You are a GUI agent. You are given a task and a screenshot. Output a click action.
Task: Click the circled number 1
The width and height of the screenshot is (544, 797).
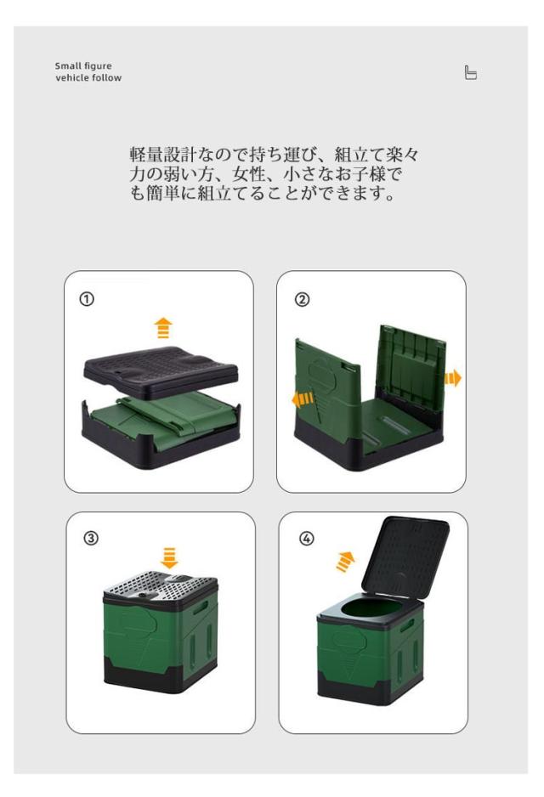87,299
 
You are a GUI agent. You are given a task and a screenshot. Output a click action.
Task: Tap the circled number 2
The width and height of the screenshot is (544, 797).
302,299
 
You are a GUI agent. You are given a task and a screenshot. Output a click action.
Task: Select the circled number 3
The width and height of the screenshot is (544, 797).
90,539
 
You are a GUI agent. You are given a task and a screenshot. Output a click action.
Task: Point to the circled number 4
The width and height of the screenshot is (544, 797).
306,539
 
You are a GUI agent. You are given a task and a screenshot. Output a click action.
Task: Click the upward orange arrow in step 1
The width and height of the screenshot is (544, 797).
163,328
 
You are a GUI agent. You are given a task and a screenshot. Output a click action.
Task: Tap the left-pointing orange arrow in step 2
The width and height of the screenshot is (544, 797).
303,399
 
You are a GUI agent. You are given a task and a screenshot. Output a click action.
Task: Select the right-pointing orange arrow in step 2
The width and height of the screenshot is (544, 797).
452,378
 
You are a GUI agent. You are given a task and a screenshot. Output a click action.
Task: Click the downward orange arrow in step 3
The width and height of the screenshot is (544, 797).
169,557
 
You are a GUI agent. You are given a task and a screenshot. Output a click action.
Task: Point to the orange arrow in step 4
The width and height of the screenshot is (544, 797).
346,562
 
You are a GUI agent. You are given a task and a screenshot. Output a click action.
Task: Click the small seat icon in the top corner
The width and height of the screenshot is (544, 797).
470,73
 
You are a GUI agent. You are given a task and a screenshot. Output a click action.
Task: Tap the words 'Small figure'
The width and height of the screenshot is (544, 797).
83,65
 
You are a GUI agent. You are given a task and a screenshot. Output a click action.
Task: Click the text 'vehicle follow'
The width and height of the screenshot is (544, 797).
88,78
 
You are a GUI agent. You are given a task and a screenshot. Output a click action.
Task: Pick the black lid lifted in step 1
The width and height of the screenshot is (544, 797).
161,372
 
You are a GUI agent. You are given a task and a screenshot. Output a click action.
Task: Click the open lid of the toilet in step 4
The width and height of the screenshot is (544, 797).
405,556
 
